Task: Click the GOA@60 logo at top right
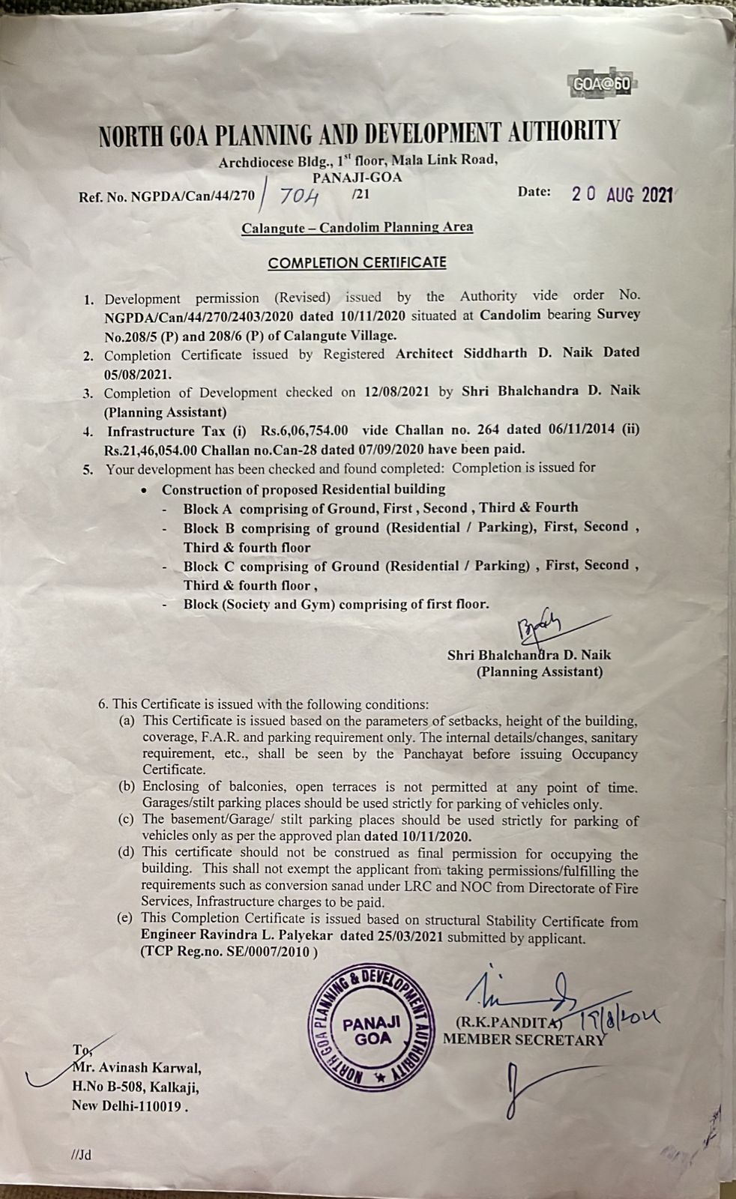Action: tap(601, 84)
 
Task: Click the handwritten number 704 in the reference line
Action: tap(299, 197)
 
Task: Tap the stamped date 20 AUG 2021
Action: tap(621, 194)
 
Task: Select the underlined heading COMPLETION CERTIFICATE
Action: tap(357, 263)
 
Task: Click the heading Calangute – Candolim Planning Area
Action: tap(357, 227)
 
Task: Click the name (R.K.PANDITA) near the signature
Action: tap(507, 1022)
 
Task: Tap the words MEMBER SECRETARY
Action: tap(523, 1039)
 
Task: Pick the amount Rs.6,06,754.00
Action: tap(304, 431)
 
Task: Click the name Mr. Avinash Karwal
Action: tap(136, 1069)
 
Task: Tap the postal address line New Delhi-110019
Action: tap(128, 1105)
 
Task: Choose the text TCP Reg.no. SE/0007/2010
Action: tap(229, 952)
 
